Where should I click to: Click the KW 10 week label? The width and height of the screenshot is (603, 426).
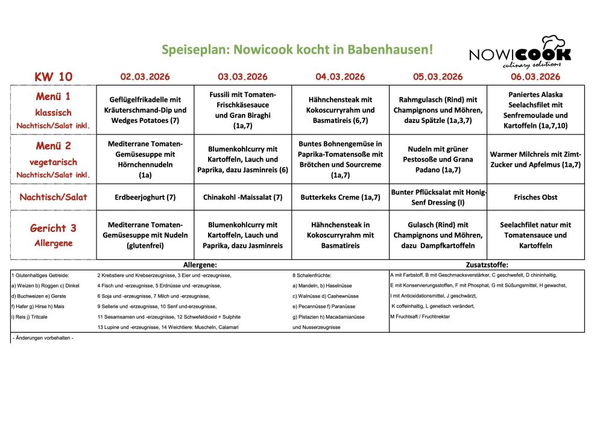pyautogui.click(x=54, y=77)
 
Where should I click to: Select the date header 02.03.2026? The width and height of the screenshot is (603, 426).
pyautogui.click(x=145, y=77)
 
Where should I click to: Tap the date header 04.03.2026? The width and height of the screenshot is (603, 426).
pyautogui.click(x=340, y=77)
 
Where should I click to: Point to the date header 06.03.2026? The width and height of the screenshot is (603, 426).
pyautogui.click(x=535, y=77)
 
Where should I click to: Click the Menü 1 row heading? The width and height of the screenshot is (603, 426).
pyautogui.click(x=53, y=110)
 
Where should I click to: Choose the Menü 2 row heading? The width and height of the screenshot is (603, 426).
pyautogui.click(x=53, y=159)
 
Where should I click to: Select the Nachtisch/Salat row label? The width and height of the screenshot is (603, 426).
pyautogui.click(x=53, y=197)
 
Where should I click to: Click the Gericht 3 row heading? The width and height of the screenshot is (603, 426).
pyautogui.click(x=53, y=234)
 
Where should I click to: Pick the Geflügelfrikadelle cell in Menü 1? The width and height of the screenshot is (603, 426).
pyautogui.click(x=145, y=110)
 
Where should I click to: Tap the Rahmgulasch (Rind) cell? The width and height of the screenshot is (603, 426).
pyautogui.click(x=438, y=110)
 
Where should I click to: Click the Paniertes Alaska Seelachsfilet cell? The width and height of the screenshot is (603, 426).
pyautogui.click(x=535, y=110)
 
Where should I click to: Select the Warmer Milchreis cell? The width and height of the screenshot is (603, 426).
pyautogui.click(x=535, y=160)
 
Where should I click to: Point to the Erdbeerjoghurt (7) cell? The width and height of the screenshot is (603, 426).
pyautogui.click(x=145, y=197)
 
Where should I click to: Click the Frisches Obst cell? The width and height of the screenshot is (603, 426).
pyautogui.click(x=535, y=197)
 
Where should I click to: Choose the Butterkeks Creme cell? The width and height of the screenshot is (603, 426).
pyautogui.click(x=340, y=197)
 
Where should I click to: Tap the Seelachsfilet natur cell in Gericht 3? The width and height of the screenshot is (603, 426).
pyautogui.click(x=535, y=235)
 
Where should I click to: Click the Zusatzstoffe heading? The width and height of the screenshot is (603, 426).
pyautogui.click(x=487, y=265)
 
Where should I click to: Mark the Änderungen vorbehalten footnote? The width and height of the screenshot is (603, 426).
pyautogui.click(x=43, y=339)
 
